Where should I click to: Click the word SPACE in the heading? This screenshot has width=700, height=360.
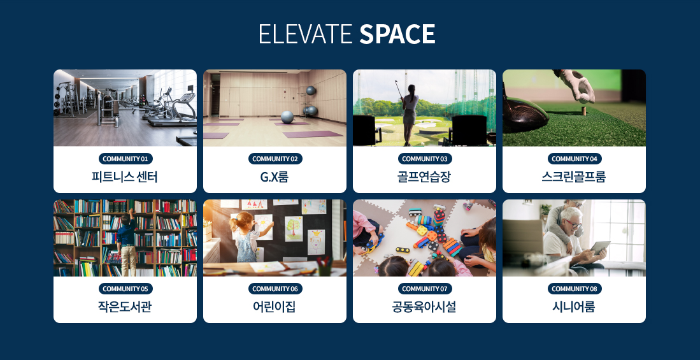[x=397, y=34]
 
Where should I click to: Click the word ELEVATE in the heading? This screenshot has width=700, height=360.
[x=305, y=34]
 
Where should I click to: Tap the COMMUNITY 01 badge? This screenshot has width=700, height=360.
[x=125, y=159]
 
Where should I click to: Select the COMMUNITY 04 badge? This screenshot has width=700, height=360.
[x=575, y=159]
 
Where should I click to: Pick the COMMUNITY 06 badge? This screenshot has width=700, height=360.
[x=275, y=289]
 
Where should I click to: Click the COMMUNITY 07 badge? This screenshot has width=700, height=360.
[x=425, y=289]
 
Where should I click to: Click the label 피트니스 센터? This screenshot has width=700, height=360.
[x=125, y=176]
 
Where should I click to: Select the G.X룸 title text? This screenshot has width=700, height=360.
[x=275, y=176]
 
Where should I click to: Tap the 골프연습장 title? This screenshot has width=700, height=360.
[x=424, y=176]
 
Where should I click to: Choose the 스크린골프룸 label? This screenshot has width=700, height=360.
[x=575, y=176]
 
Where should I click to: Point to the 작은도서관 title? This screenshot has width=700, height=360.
[x=125, y=306]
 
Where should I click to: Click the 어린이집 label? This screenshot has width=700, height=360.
[x=275, y=306]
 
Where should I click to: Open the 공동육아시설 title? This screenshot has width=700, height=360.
[x=424, y=306]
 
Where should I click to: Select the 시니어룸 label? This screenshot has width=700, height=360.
[x=575, y=306]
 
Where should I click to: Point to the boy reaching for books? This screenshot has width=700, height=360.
[x=127, y=239]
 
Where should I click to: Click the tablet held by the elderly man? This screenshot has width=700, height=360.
[x=599, y=247]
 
